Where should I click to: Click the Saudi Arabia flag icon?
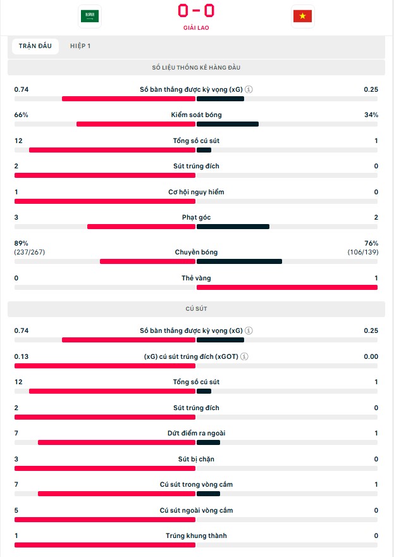coord(90,16)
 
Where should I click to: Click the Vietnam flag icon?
coord(302,16)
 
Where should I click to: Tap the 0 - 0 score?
coord(196,11)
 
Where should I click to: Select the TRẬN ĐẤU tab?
coord(35,46)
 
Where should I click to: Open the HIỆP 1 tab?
coord(80,46)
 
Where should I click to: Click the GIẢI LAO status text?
coord(196,28)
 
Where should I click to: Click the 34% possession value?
coord(371,115)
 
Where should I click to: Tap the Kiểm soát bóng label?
coord(196,115)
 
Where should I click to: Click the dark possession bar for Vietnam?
coord(228,124)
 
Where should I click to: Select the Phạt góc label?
coord(196,217)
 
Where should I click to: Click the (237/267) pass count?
coord(30,252)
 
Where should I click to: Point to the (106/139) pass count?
coord(363,252)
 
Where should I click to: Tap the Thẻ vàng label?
coord(196,278)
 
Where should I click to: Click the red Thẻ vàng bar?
coord(287,287)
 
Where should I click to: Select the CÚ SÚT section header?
coord(196,309)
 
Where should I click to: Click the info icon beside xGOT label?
coord(245,356)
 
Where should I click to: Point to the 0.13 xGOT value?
coord(22,356)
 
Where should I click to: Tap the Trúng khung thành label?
coord(196,535)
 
